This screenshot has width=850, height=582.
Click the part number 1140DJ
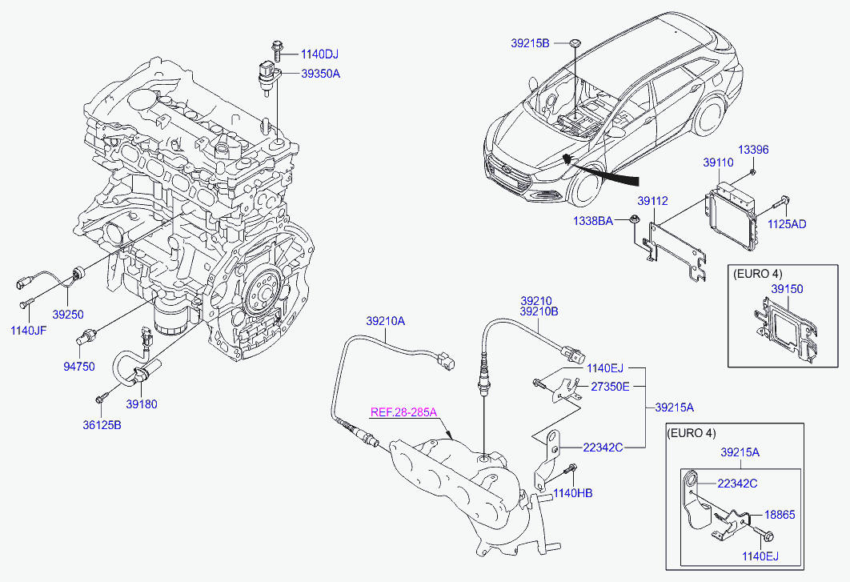[x=319, y=54]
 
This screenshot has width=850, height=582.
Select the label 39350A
[x=320, y=74]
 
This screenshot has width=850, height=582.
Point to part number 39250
[x=67, y=315]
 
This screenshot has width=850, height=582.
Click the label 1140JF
[x=28, y=329]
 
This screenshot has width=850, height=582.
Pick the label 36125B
[x=103, y=424]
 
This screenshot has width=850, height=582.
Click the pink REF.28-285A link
[x=403, y=413]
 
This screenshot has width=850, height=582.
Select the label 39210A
[x=386, y=321]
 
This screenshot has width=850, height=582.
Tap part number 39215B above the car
[x=530, y=42]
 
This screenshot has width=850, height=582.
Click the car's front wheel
[x=587, y=183]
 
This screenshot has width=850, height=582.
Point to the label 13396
[x=753, y=150]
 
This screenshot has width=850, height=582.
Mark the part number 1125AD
[x=788, y=224]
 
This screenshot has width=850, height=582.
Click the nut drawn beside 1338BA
[x=634, y=219]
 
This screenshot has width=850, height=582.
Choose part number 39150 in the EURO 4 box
[x=787, y=288]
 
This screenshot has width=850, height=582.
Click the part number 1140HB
[x=575, y=493]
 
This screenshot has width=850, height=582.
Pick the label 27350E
[x=611, y=387]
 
